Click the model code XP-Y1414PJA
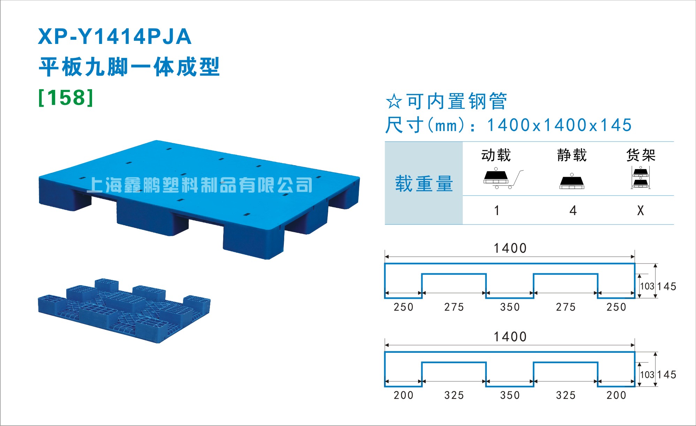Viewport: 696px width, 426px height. [x=115, y=37]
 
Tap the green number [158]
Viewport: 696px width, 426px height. [x=66, y=98]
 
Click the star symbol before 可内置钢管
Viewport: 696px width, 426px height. [x=394, y=101]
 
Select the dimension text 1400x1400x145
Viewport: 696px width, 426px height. [x=559, y=125]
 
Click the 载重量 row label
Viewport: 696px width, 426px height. [x=424, y=184]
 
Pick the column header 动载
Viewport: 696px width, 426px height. [x=496, y=155]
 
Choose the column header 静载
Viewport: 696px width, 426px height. [x=572, y=155]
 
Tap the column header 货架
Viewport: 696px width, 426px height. [x=641, y=155]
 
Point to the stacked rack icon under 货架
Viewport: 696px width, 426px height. [x=641, y=177]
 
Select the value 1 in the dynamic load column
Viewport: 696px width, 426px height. [x=497, y=211]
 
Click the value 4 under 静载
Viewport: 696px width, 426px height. [x=573, y=211]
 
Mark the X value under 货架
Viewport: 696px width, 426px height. [x=641, y=211]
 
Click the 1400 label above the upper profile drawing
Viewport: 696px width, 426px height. [x=510, y=248]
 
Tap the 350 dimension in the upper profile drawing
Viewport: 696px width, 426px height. [x=510, y=307]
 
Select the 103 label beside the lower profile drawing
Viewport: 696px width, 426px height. [x=647, y=375]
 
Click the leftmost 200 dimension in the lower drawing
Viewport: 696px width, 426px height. [x=403, y=395]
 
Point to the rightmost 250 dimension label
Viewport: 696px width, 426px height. [x=616, y=307]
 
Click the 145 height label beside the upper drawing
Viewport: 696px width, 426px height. [x=667, y=287]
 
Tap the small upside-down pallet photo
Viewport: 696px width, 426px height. [x=124, y=311]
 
